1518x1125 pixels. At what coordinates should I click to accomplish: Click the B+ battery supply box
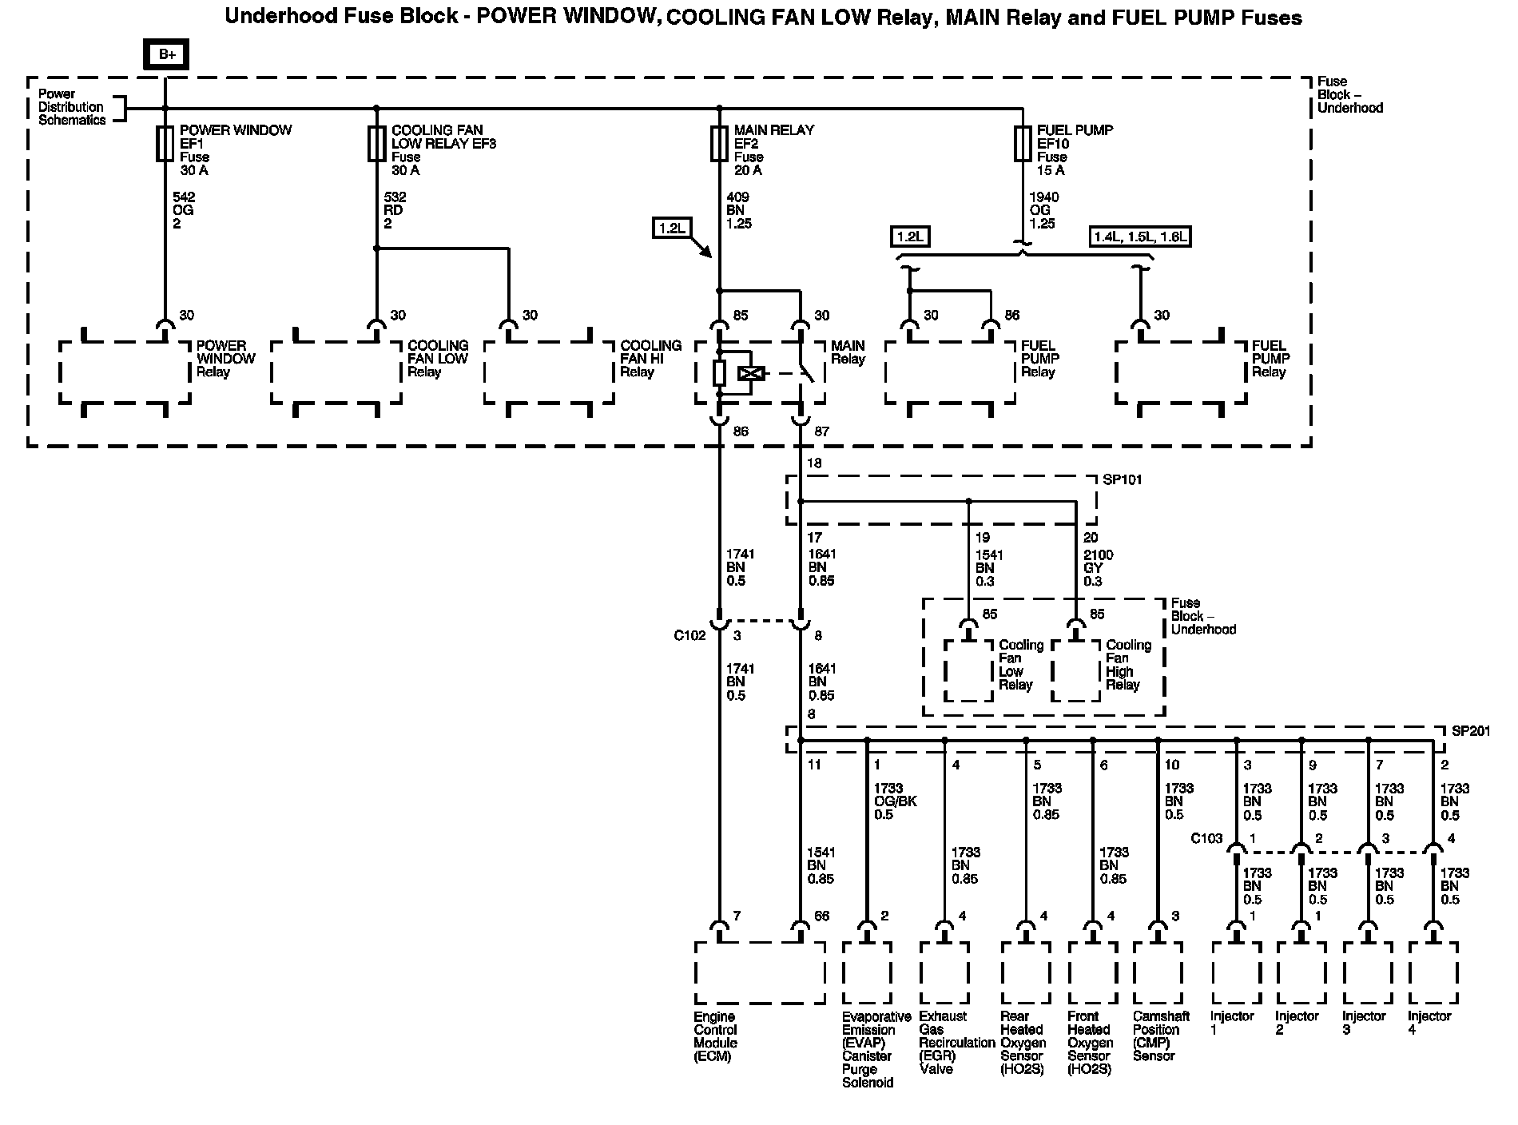166,54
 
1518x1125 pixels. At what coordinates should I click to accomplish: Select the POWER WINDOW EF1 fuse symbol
165,143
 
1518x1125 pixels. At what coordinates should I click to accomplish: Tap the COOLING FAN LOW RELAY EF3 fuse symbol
376,143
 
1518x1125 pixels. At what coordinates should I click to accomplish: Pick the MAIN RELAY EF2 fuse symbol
719,143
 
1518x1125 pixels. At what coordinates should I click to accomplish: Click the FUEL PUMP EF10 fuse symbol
1022,143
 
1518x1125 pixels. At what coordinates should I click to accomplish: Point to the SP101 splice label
1122,480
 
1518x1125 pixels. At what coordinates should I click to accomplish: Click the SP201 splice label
1469,731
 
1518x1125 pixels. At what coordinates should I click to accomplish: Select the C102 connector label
689,636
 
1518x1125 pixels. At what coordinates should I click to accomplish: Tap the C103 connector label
1206,838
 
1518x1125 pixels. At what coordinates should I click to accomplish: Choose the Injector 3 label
1363,1023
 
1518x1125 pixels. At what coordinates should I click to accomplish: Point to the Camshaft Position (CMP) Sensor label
1161,1036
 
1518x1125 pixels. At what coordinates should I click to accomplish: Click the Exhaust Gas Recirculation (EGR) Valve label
956,1043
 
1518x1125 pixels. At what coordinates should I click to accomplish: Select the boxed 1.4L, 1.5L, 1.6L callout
1140,236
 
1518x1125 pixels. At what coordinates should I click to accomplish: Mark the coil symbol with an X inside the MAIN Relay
751,373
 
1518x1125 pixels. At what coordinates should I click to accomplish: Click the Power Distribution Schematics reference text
72,107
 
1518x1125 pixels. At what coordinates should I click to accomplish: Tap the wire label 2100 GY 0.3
1098,568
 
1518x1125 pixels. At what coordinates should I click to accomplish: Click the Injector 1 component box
1236,973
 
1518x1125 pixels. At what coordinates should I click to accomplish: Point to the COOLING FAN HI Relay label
650,359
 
